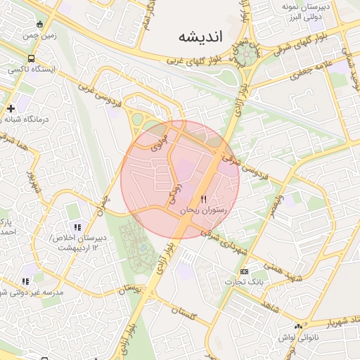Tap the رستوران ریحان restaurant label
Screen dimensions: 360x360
click(x=202, y=210)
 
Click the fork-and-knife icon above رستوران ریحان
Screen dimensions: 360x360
click(x=204, y=199)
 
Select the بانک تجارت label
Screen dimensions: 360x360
click(x=238, y=282)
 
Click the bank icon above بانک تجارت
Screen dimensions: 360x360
click(x=244, y=271)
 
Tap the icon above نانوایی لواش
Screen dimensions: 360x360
click(x=299, y=326)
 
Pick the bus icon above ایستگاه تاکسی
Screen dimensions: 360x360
click(x=30, y=59)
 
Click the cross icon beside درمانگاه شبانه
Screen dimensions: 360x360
click(x=11, y=108)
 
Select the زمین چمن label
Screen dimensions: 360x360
click(x=39, y=35)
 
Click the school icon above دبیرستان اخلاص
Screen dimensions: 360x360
click(x=77, y=227)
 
